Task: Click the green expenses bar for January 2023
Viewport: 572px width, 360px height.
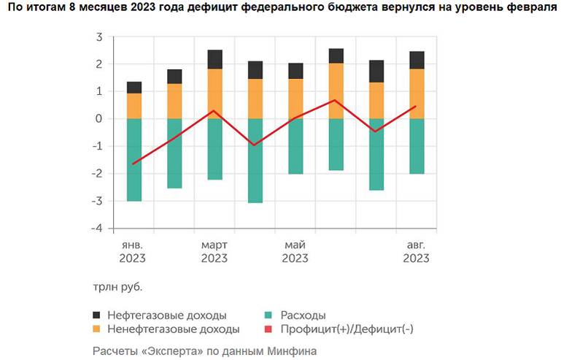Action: click(134, 159)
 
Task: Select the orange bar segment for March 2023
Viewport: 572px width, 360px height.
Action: click(214, 93)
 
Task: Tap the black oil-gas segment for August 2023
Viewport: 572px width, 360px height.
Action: click(417, 60)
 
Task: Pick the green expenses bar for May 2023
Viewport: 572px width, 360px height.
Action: click(295, 146)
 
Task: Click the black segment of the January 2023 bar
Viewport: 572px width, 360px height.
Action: click(134, 88)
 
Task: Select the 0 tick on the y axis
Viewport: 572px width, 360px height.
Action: click(98, 119)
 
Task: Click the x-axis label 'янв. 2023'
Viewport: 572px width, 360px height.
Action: click(134, 251)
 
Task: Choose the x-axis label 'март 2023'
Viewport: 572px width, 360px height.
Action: click(214, 251)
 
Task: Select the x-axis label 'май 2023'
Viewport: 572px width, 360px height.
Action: click(295, 251)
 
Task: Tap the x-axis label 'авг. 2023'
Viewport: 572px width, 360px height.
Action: click(416, 251)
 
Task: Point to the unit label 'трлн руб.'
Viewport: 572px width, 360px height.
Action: click(117, 286)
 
